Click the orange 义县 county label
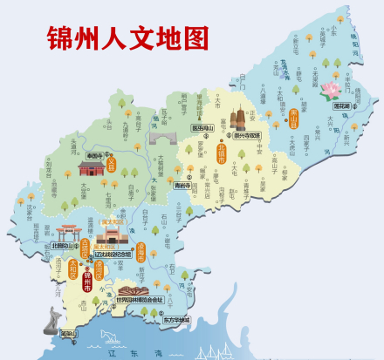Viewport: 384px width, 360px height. (111, 163)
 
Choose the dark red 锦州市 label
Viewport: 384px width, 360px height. (87, 280)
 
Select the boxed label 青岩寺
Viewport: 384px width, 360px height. (182, 185)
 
